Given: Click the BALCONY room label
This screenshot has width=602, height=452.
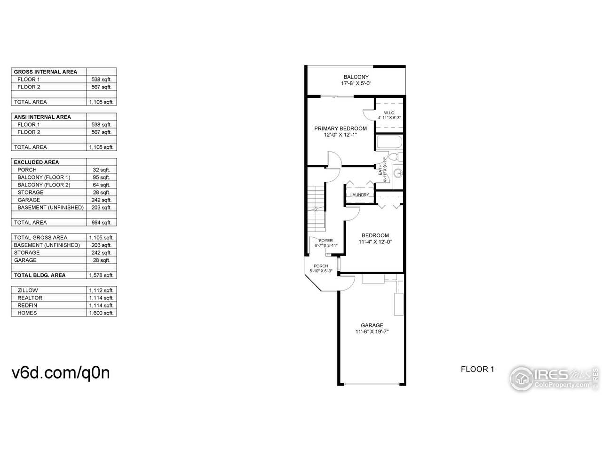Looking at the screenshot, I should point(356,77).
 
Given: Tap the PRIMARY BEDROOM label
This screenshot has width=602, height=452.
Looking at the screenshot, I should point(341,128).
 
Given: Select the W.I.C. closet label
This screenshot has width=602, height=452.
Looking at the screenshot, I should point(388,113).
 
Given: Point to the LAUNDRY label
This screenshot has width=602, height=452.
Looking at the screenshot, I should point(360,195).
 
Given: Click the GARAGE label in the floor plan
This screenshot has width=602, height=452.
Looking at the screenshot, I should point(372,325).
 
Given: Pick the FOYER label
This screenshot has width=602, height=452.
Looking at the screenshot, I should point(325,241).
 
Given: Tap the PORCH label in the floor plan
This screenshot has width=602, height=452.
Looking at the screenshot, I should point(321,266).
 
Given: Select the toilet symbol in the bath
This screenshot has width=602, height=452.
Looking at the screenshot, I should point(396,157).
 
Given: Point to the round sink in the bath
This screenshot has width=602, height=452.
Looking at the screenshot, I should point(398,173).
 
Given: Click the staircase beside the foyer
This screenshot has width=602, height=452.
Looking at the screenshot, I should point(316,207).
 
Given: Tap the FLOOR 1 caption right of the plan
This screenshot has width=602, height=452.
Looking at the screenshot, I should point(477,369).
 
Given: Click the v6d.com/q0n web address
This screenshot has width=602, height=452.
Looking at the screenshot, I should point(60,372).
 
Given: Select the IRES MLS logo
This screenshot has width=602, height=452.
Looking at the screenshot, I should point(554,378).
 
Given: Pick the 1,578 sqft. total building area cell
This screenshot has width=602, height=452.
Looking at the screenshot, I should point(102,275).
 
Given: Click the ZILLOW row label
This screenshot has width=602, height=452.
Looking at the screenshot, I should point(28,291).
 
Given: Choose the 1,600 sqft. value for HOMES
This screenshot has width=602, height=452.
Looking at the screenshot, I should point(102,313).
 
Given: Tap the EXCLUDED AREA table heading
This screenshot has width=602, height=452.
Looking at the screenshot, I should point(36,162).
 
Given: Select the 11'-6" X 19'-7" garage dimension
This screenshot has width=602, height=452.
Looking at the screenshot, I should point(372,332).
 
